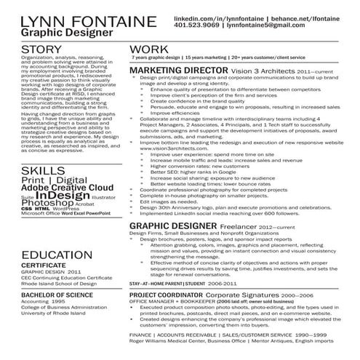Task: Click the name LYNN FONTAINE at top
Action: pyautogui.click(x=65, y=20)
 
